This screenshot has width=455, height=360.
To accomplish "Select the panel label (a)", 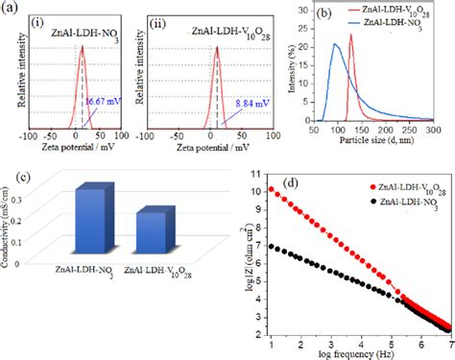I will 11,8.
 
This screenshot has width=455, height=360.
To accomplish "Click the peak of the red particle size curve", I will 351,36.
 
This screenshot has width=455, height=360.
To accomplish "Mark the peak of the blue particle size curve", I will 335,43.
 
